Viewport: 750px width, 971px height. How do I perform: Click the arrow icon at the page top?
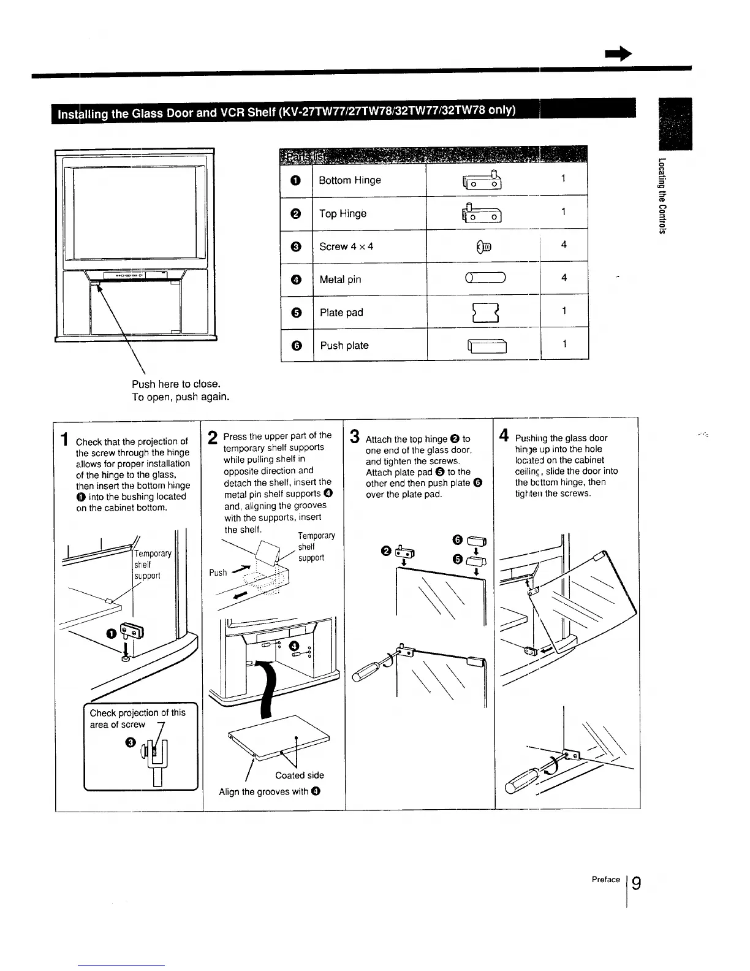[618, 55]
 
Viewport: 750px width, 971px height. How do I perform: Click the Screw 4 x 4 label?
[346, 246]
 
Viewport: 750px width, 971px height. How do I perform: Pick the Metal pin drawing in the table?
[485, 279]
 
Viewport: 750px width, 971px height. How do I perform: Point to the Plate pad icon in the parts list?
[484, 312]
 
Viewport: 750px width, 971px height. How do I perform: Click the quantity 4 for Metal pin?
[564, 278]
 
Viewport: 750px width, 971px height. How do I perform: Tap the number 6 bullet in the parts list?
[296, 345]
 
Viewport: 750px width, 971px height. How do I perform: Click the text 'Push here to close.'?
[176, 384]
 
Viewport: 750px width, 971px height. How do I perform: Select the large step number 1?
[64, 440]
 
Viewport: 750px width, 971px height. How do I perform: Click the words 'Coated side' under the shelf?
[300, 775]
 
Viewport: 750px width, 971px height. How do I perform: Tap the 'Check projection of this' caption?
[137, 713]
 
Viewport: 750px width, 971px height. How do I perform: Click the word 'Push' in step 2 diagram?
[218, 573]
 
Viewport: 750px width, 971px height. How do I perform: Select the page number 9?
[637, 883]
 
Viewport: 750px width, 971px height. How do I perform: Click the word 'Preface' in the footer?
[606, 880]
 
